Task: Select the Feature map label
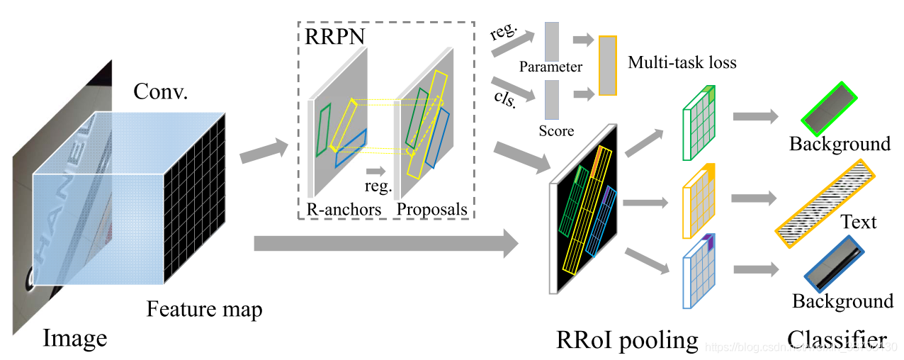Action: pyautogui.click(x=205, y=310)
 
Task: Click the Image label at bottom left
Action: pyautogui.click(x=75, y=338)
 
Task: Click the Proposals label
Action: pyautogui.click(x=432, y=209)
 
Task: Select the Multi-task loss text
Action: pyautogui.click(x=682, y=62)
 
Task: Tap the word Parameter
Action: pyautogui.click(x=550, y=67)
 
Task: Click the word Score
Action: pyautogui.click(x=556, y=130)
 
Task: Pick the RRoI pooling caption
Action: pyautogui.click(x=628, y=339)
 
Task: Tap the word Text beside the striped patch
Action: pyautogui.click(x=858, y=222)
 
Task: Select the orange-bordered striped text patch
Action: pyautogui.click(x=825, y=202)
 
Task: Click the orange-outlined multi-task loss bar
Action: pyautogui.click(x=607, y=65)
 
